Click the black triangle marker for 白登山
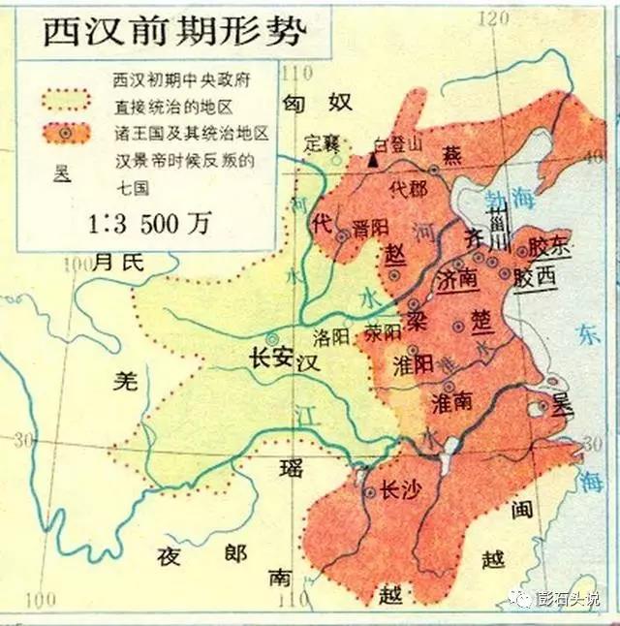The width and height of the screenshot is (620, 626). click(373, 159)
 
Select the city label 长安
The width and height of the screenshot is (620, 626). click(272, 357)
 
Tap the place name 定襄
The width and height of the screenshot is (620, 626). click(321, 142)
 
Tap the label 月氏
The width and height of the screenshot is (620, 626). click(119, 260)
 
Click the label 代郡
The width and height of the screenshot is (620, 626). click(405, 187)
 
